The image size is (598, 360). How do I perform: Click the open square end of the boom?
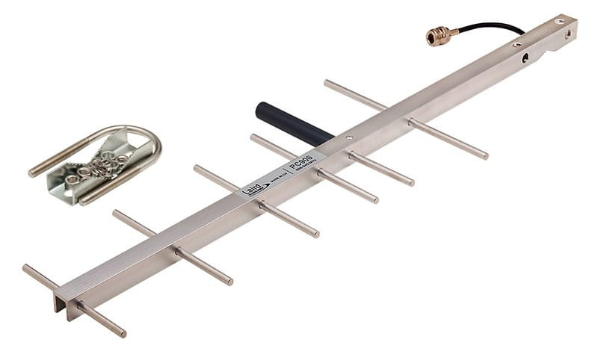(x=60, y=302)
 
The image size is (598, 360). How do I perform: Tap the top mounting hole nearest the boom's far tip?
(x=559, y=22)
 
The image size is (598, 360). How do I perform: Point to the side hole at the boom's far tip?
(x=570, y=33)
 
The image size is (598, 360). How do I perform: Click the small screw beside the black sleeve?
(x=348, y=138)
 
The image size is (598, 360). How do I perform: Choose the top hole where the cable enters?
(x=517, y=45)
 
